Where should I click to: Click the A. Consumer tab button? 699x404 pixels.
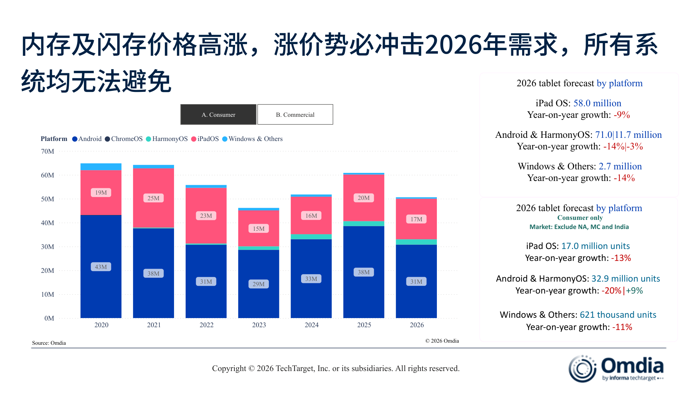coord(218,115)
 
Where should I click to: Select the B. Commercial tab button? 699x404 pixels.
coord(295,115)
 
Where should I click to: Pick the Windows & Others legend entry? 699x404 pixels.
coord(252,139)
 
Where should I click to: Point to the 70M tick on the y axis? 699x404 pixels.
coord(47,151)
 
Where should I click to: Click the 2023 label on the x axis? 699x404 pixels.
coord(259,325)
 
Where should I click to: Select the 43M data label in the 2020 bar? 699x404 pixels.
coord(101,267)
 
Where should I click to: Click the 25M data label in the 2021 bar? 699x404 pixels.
coord(153,198)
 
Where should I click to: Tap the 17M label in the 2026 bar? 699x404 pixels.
coord(416,219)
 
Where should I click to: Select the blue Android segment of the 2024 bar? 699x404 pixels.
coord(311,295)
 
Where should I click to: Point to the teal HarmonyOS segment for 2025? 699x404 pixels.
coord(364,224)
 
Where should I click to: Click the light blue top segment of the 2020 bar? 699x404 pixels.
coord(101,167)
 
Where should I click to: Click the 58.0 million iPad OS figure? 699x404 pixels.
coord(597,103)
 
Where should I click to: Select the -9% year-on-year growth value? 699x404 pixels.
coord(622,115)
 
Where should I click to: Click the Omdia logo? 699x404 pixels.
coord(616,369)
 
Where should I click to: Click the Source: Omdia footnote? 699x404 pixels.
coord(49,343)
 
